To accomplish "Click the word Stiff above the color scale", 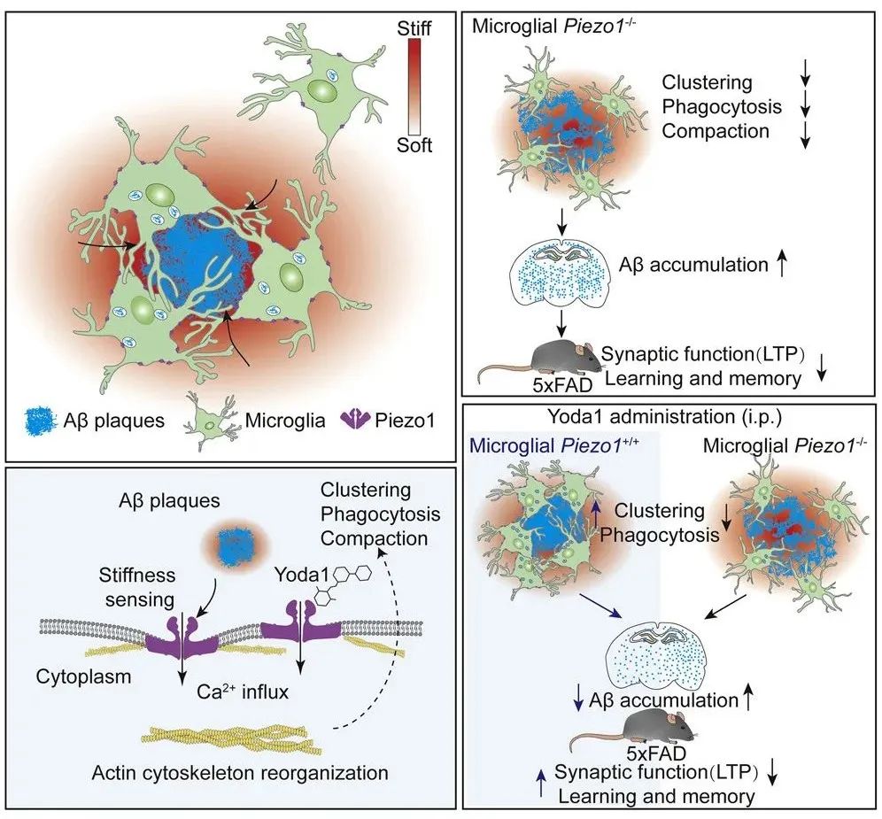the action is point(414,28).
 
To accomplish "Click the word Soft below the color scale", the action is point(414,145).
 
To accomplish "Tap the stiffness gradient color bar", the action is point(414,87).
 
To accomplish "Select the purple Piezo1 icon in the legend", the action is point(354,419).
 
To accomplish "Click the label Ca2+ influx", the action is point(243,691).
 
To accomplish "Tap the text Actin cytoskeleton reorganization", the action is point(240,773).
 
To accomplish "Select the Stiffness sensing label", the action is point(138,587).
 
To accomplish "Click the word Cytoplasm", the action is point(83,676).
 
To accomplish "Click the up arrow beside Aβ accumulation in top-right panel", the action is point(781,265).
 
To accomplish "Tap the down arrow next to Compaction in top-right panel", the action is point(806,135).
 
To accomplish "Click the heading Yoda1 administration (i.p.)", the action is point(665,417).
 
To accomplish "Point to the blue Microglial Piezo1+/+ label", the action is point(553,445).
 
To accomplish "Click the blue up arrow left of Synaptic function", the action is point(541,783).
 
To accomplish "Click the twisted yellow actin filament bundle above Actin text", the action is point(230,739).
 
